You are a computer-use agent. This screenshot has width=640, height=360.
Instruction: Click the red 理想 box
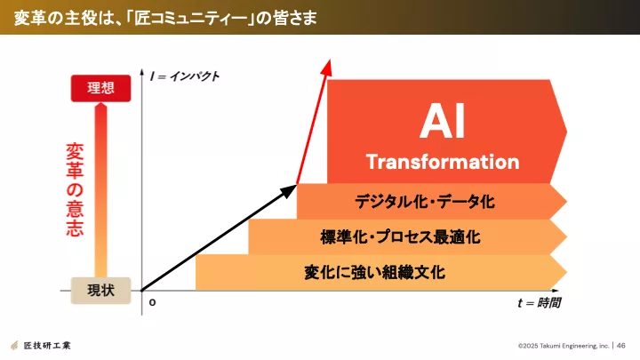tap(100, 88)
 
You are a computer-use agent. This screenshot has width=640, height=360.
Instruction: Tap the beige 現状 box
tap(100, 291)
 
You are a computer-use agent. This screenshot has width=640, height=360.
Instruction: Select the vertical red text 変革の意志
tap(75, 189)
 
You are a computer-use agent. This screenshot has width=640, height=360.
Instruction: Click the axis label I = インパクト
tap(185, 76)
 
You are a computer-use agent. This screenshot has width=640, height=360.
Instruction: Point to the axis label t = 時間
tap(539, 303)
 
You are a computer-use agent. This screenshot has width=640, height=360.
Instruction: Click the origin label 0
tap(152, 302)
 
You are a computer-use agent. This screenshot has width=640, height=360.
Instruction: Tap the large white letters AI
tap(443, 121)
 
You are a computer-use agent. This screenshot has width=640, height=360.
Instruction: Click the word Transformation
tap(443, 162)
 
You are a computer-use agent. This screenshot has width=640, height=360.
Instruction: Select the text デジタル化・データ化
tap(425, 201)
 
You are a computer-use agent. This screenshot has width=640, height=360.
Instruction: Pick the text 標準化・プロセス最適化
tap(400, 236)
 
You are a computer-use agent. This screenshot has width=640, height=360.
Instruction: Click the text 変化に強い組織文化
tap(374, 272)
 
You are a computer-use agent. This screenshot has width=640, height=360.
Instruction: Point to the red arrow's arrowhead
tap(326, 67)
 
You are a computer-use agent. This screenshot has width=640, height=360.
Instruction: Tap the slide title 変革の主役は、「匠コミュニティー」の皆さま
tap(165, 19)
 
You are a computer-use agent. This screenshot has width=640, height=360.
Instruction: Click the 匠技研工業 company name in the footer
tap(47, 345)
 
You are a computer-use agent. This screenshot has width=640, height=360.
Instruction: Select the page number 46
tap(620, 346)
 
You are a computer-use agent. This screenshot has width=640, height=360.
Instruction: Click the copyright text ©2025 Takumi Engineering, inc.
tap(564, 346)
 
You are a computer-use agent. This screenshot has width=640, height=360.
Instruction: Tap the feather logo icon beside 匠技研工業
tap(15, 345)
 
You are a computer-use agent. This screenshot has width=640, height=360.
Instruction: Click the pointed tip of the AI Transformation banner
tap(566, 132)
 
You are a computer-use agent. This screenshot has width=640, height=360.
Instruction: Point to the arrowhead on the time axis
tap(555, 291)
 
